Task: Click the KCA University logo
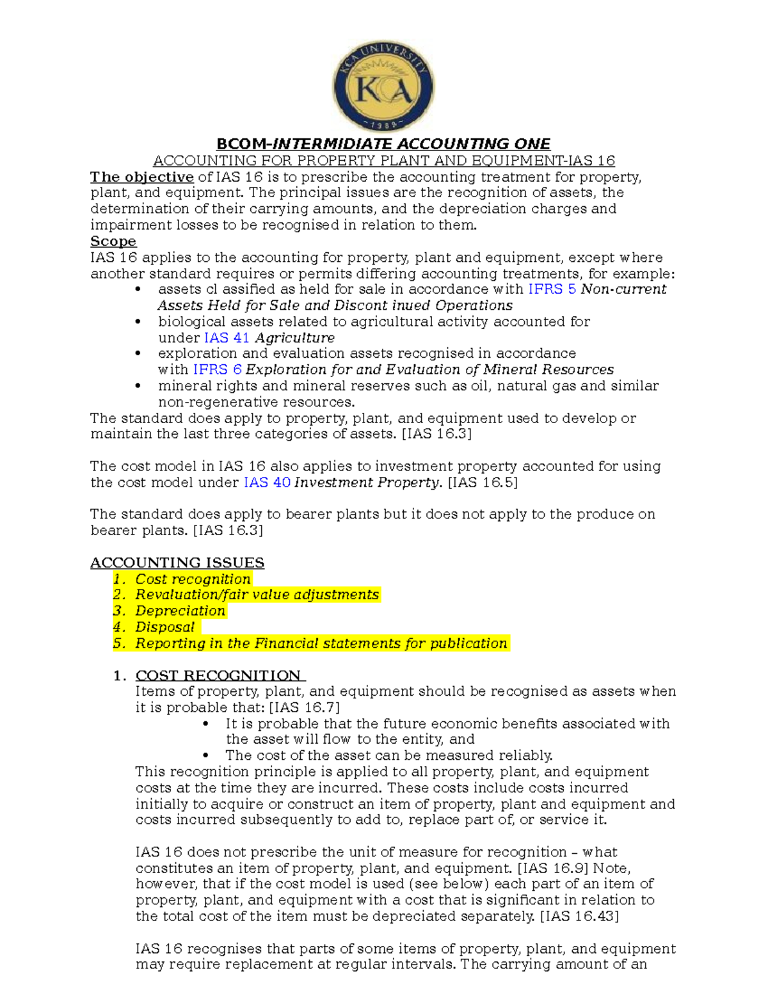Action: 383,86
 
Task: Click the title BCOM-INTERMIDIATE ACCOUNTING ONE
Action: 383,144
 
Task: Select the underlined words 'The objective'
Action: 141,177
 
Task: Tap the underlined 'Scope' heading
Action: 113,241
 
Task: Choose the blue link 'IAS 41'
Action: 227,338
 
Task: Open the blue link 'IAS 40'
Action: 267,483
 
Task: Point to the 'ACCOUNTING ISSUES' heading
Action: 177,563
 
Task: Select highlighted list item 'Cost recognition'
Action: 193,579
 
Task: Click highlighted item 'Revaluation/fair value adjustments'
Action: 257,595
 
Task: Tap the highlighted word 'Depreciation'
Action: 180,611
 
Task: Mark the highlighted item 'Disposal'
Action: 164,627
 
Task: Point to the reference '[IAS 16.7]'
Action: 304,708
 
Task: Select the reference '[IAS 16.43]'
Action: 579,917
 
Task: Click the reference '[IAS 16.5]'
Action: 483,483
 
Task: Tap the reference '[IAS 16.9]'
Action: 553,869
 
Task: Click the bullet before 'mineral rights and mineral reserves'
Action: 138,386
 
